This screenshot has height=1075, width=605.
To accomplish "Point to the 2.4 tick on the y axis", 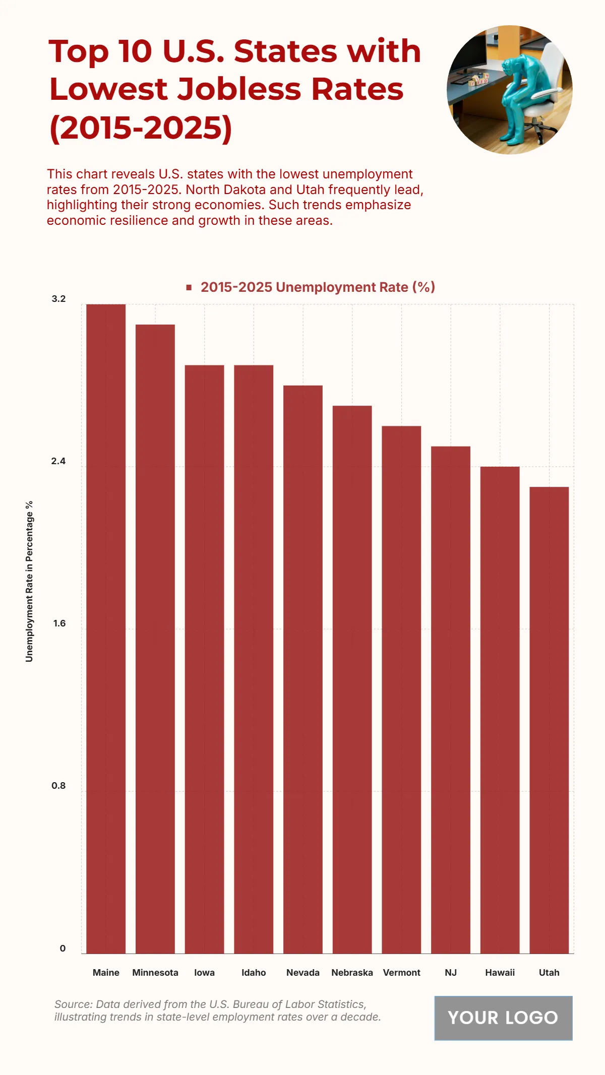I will pos(58,461).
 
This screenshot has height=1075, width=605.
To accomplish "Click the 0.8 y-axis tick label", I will pos(58,786).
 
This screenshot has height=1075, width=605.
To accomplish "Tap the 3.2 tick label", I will pos(58,299).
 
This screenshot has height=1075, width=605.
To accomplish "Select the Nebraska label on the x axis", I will pos(352,973).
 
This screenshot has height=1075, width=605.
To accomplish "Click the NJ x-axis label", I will pos(451,973).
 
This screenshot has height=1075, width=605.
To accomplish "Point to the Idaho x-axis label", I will pos(254,973).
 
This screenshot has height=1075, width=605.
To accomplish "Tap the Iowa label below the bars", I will pos(204,973).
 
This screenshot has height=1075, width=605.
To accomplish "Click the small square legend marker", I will pos(189,287).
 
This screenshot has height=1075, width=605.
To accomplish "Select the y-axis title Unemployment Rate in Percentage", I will pos(29,581).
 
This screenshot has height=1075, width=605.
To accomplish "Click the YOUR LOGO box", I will pos(503,1018).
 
